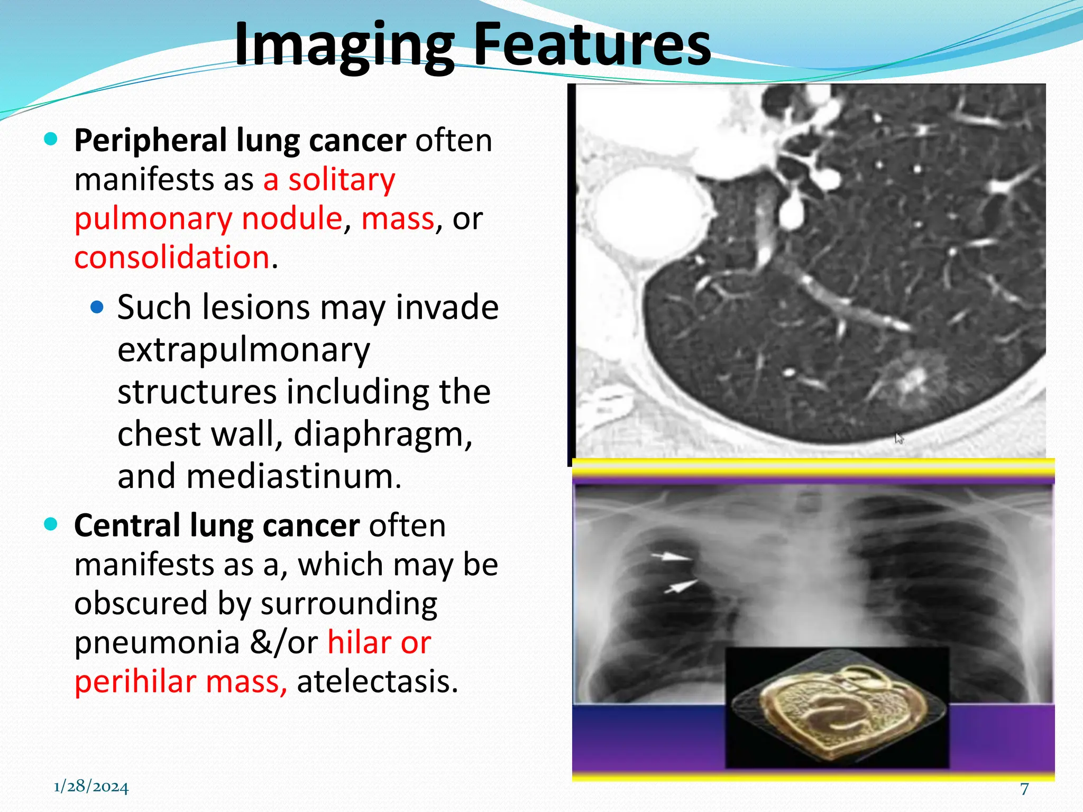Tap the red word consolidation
[x=172, y=257]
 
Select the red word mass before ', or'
[x=398, y=218]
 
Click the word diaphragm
[x=382, y=434]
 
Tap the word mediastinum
[x=293, y=476]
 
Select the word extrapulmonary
[x=243, y=350]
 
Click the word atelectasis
[x=377, y=681]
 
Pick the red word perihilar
[x=135, y=681]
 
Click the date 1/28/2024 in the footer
[x=91, y=787]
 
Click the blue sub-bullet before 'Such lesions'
[x=97, y=307]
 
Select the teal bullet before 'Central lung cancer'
[x=51, y=524]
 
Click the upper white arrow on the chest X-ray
[x=671, y=556]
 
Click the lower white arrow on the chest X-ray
[x=681, y=586]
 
